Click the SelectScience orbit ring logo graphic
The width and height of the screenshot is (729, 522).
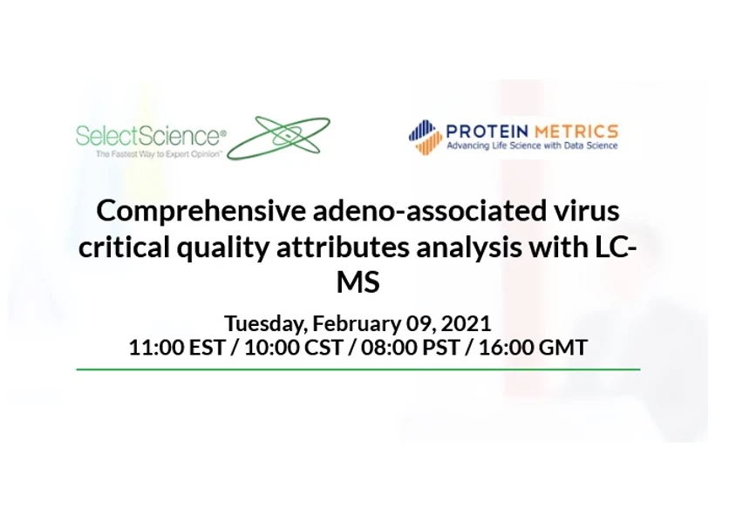point(279,137)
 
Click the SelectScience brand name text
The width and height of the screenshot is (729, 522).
point(150,135)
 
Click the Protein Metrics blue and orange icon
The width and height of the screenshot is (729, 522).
point(425,137)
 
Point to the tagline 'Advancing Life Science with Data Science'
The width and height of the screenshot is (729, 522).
point(531,146)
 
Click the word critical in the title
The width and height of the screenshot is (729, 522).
point(116,247)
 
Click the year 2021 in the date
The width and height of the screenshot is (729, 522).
point(467,323)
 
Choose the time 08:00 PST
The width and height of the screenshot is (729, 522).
point(416,347)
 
